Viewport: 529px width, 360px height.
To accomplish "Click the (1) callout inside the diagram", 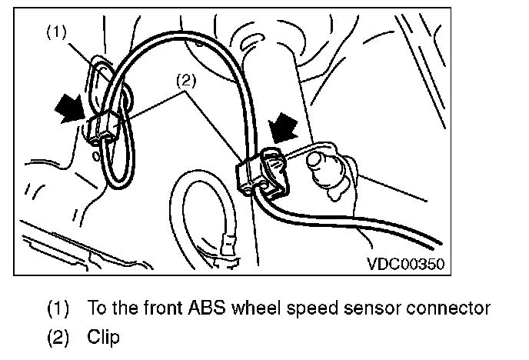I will pyautogui.click(x=58, y=33).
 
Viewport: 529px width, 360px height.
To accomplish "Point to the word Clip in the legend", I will pyautogui.click(x=104, y=337).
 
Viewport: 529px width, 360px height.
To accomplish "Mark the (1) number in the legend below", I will pyautogui.click(x=58, y=309).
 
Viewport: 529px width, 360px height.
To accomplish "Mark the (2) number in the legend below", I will pyautogui.click(x=58, y=337).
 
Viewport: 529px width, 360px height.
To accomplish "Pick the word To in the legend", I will pyautogui.click(x=98, y=309).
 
